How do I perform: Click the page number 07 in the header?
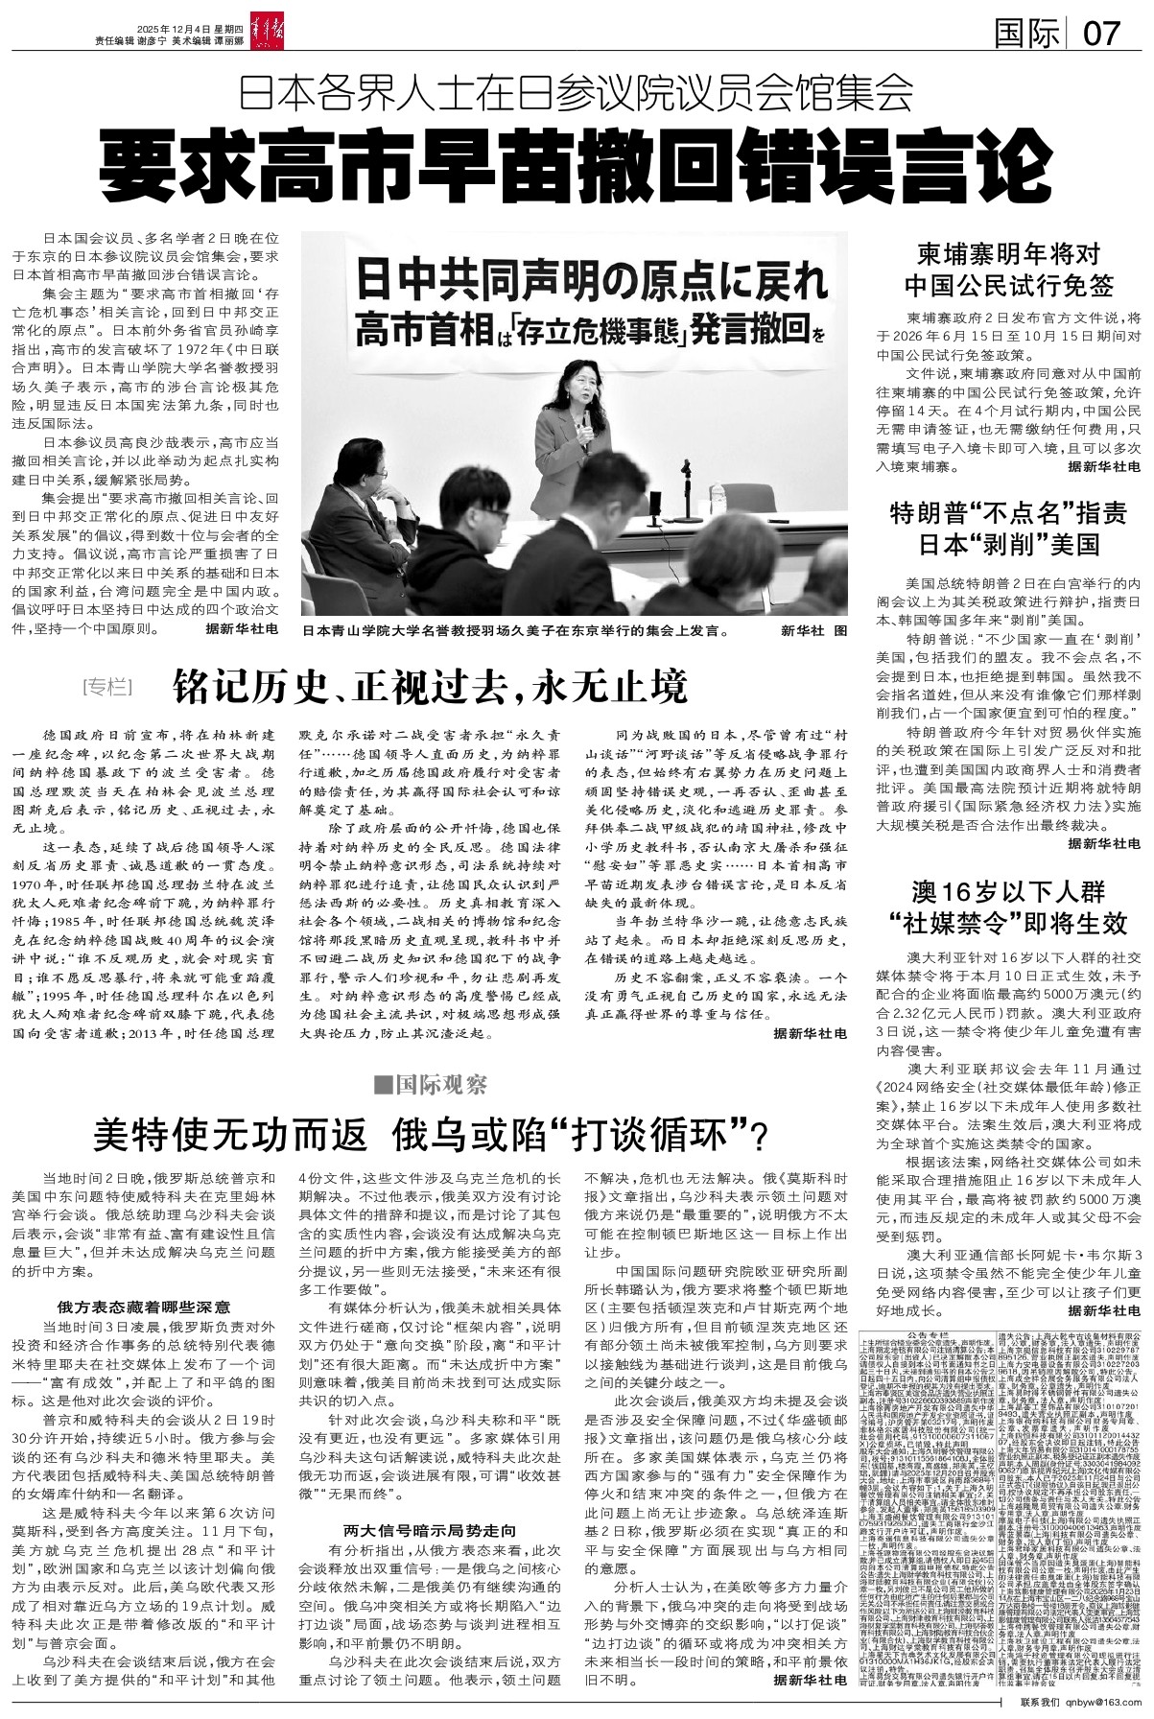click(1100, 35)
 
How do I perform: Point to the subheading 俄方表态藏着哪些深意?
click(143, 1307)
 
